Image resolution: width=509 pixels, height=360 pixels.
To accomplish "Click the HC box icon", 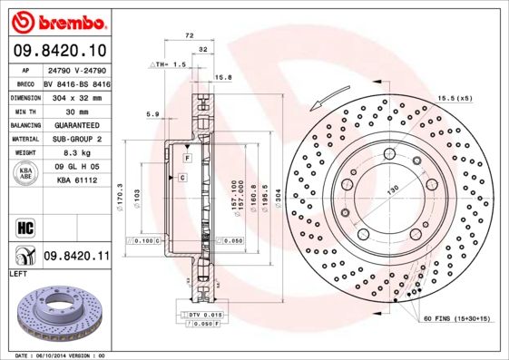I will [x=24, y=226].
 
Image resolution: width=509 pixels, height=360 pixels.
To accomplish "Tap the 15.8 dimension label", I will [x=222, y=77].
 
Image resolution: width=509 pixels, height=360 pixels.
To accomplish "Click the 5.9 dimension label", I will [x=152, y=113].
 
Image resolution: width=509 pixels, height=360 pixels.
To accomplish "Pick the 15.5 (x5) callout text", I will [x=455, y=97].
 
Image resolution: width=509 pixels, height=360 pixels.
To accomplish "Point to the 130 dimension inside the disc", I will [x=394, y=190].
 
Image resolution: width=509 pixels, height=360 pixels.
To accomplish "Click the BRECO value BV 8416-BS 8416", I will [x=78, y=83].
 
